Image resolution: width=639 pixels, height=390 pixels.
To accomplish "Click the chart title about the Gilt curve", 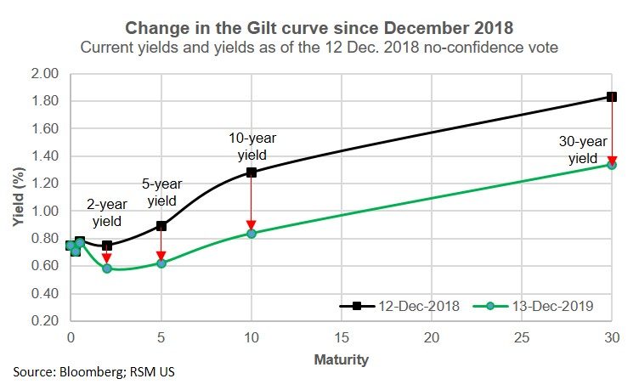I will tap(319, 28).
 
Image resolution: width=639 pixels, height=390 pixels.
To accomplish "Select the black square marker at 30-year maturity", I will tap(611, 97).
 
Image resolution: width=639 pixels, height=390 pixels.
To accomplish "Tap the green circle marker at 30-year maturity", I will tap(611, 164).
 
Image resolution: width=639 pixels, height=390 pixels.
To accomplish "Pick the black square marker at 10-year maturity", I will tap(251, 172).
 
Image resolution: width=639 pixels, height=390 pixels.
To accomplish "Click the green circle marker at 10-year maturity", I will tap(251, 233).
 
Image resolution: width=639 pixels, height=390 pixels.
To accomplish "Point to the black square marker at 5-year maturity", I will tap(161, 226).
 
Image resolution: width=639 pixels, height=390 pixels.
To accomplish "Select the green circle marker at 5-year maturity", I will tap(161, 263).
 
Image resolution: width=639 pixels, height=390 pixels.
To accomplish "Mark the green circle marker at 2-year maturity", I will tap(106, 268).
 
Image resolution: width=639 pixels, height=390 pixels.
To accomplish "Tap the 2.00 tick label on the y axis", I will tap(44, 74).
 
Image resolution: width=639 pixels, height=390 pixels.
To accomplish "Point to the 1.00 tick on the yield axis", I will tap(44, 211).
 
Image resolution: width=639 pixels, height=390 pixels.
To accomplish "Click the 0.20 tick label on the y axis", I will tap(44, 320).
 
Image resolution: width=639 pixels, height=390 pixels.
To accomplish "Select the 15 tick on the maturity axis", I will tap(341, 338).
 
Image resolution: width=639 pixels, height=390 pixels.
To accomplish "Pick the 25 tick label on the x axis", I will tap(521, 338).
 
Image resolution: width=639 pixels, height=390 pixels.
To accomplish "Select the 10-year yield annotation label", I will tap(252, 145).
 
